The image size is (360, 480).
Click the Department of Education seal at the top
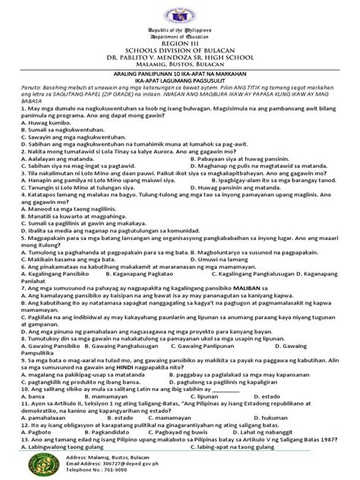pyautogui.click(x=180, y=17)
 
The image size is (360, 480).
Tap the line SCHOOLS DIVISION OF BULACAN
pyautogui.click(x=180, y=66)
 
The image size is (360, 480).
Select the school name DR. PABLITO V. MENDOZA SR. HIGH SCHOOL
pyautogui.click(x=180, y=76)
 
